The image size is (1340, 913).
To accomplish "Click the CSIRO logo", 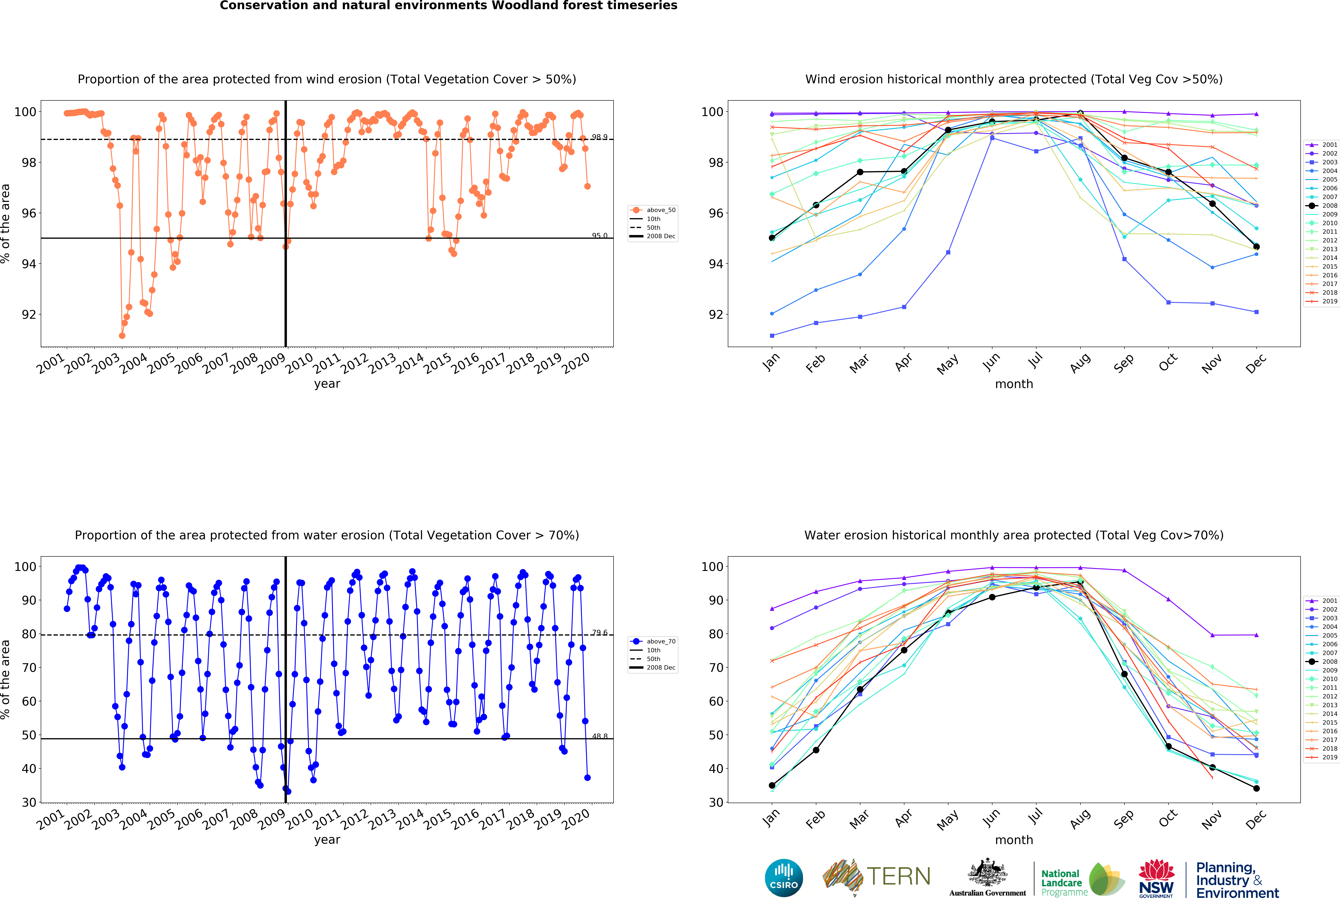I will coord(784,878).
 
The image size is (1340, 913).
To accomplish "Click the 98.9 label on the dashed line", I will coord(599,137).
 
